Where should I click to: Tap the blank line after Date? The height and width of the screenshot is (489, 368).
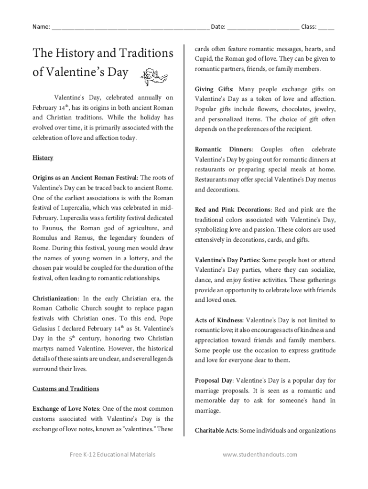coord(263,27)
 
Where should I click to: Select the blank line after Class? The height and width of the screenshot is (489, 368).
coord(326,27)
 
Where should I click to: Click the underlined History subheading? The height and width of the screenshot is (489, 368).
coord(43,158)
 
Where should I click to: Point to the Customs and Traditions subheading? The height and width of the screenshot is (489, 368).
coord(65,389)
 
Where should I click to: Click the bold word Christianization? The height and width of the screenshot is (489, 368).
coord(54,298)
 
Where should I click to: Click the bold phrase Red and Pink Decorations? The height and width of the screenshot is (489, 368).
coord(233,210)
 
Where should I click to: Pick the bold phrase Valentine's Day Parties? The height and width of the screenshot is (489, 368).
coord(227,260)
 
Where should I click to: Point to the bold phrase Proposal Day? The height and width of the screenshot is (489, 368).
coord(214,381)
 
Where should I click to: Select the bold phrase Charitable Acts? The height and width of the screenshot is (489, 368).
coord(216,431)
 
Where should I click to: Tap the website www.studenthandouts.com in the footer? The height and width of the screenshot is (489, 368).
coord(260,455)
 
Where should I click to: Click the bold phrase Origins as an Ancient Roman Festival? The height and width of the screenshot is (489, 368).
coord(85,178)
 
